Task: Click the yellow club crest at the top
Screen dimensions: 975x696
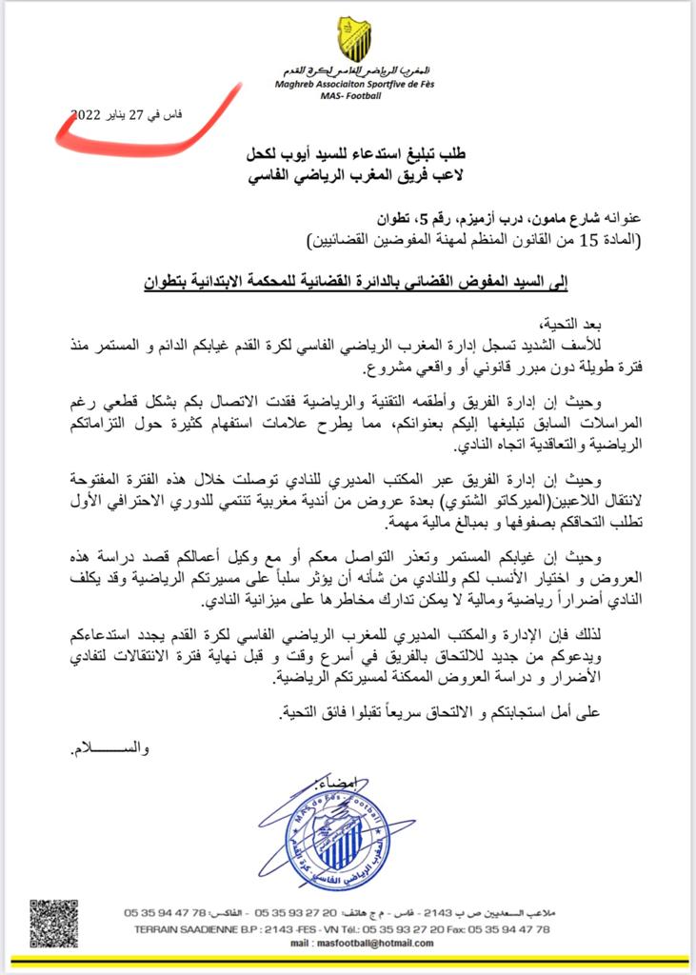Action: [x=353, y=39]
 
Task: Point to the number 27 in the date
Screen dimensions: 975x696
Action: [x=140, y=115]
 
